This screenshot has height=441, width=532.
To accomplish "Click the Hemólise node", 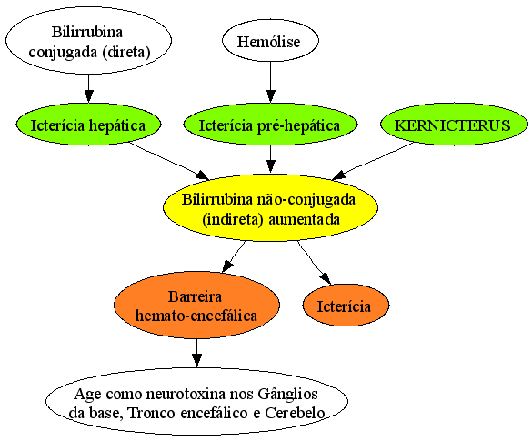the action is [270, 41].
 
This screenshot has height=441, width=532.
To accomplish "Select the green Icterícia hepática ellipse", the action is [88, 125].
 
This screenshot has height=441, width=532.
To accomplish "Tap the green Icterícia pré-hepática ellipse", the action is [270, 125].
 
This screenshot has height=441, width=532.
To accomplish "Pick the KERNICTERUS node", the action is [454, 125].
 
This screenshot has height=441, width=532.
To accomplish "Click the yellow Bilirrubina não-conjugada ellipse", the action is [270, 207].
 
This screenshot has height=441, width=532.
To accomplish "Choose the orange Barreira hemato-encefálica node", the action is [196, 305].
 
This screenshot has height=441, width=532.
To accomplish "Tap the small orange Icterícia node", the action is [346, 305].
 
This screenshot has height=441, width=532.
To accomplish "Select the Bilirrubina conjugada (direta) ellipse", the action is [88, 41].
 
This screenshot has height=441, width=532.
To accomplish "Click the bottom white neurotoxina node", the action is [196, 402].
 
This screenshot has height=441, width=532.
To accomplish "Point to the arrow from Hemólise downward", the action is [270, 82].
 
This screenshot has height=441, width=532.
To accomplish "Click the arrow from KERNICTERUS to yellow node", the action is [372, 161].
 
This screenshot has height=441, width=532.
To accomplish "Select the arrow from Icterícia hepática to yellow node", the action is [170, 161].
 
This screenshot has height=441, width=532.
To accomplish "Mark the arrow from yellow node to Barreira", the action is [234, 256].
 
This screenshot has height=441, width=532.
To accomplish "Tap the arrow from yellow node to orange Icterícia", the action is [314, 263].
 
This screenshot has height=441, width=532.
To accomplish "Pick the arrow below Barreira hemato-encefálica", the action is [196, 353].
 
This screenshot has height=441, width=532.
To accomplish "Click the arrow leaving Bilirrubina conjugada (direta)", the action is [88, 88].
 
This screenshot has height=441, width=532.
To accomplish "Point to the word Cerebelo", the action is [295, 413].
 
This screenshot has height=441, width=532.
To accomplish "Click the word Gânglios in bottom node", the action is [287, 395].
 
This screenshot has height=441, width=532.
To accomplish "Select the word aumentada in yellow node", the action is [304, 219].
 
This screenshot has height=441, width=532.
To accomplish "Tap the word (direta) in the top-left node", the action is [127, 52].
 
